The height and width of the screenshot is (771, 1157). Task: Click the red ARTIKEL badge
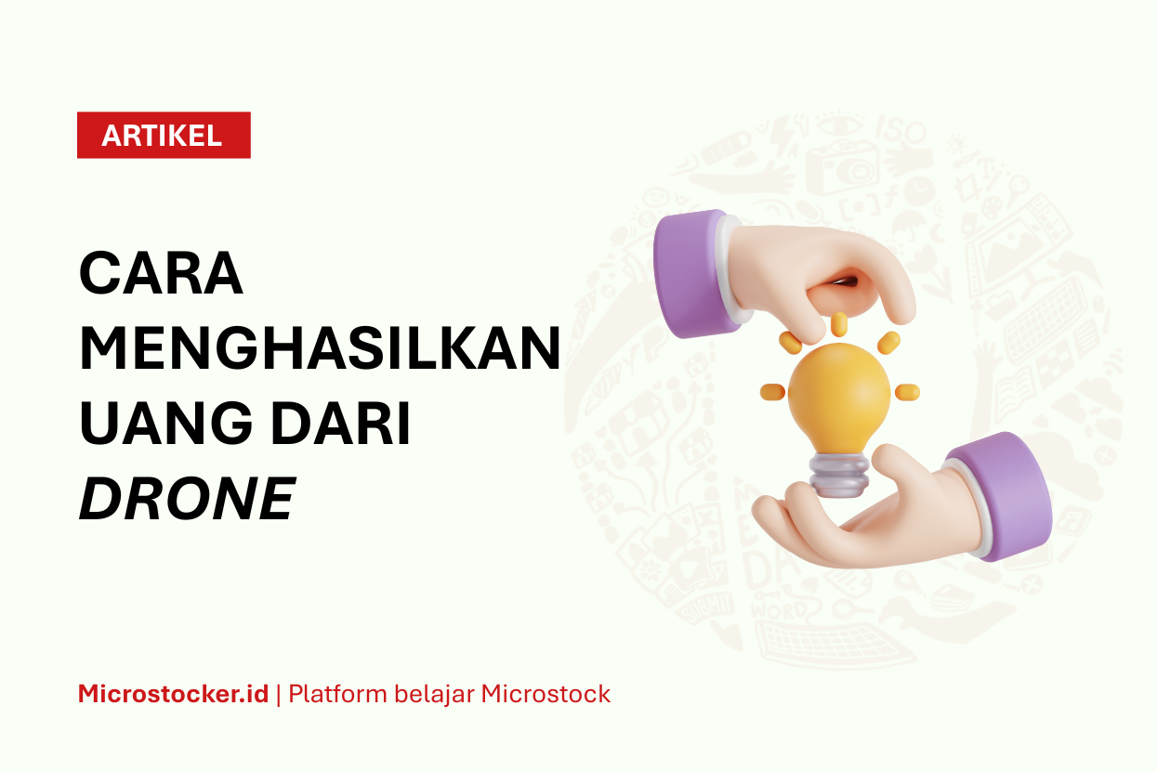164,135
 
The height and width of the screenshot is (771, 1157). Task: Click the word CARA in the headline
161,273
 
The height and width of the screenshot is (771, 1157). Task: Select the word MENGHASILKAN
321,348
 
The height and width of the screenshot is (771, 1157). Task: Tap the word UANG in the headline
165,423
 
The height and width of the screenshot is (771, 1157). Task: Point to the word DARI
341,423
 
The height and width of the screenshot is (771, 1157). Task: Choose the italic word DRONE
187,498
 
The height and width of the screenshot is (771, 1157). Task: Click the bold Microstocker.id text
173,694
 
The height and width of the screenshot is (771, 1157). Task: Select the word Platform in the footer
337,694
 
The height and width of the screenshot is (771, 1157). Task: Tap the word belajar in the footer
434,695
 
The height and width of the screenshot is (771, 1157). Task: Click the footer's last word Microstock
546,694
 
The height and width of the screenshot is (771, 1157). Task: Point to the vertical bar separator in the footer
279,695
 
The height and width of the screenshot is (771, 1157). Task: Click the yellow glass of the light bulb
839,399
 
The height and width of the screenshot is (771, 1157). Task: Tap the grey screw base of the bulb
839,475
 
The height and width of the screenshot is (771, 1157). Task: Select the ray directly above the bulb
839,324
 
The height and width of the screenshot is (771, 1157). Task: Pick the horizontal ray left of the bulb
772,391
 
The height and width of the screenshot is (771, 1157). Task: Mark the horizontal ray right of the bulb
907,392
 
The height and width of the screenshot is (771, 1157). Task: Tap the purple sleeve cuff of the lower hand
999,497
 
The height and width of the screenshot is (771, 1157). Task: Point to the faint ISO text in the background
900,130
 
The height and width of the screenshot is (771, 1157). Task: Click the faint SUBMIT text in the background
705,608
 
